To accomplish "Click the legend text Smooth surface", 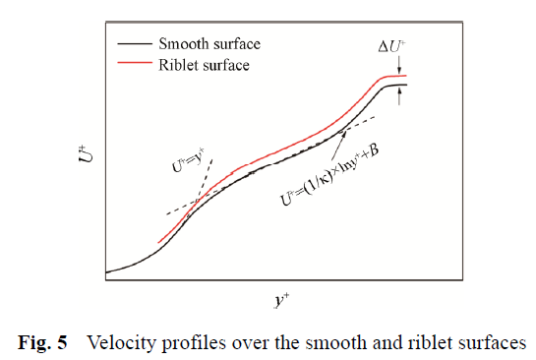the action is (x=209, y=44).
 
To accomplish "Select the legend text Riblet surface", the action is (x=204, y=65).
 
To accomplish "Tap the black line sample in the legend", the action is (x=135, y=43).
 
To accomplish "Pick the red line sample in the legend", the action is (x=135, y=63).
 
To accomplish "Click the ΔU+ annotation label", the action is (x=392, y=46).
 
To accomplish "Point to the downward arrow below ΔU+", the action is (x=399, y=64).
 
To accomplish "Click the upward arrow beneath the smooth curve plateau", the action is (x=399, y=95).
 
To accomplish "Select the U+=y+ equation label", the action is (x=189, y=160).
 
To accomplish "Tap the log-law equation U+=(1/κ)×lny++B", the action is (x=329, y=175).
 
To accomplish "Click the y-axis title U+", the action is (x=86, y=154).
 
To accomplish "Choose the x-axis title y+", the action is (x=282, y=300).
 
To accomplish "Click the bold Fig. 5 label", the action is (x=42, y=342).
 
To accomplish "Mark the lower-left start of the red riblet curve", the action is (x=158, y=243).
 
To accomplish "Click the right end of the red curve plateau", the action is (x=406, y=75).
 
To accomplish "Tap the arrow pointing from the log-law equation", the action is (x=338, y=145).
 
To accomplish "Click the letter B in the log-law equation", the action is (x=374, y=150).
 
